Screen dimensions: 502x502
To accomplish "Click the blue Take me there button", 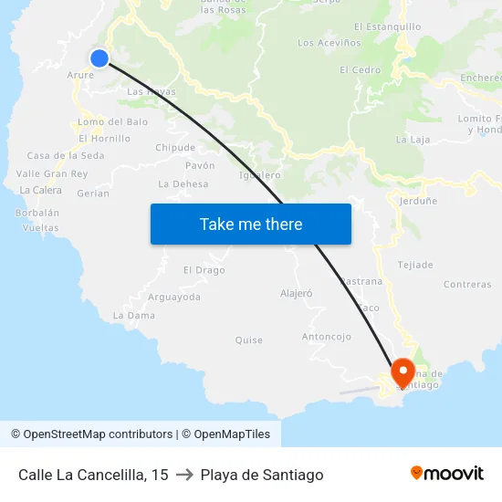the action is pos(250,224).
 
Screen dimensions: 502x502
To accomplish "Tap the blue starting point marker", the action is pos(99,58).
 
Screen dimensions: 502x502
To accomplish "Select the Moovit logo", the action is pos(446,473).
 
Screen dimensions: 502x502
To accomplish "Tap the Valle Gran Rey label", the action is pos(52,173).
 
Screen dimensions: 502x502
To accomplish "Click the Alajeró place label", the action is pos(296,293).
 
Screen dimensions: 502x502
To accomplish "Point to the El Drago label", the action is pos(204,270).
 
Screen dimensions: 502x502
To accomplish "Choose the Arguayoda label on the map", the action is pos(174,297).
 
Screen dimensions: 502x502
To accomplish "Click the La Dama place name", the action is pos(128,315).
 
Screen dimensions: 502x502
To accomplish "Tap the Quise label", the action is pos(248,340).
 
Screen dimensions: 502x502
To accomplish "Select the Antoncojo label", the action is pos(326,337).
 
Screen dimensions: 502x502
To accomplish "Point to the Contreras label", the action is pos(466,285).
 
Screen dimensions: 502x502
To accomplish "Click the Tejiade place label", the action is pos(415,265).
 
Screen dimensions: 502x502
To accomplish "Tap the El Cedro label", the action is pos(365,70).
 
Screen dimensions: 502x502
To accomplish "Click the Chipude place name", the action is pos(175,147).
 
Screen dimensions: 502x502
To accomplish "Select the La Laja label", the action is pos(413,140).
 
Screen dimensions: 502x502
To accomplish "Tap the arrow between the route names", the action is pos(184,475).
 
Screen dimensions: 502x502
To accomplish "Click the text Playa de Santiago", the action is pos(262,475).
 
